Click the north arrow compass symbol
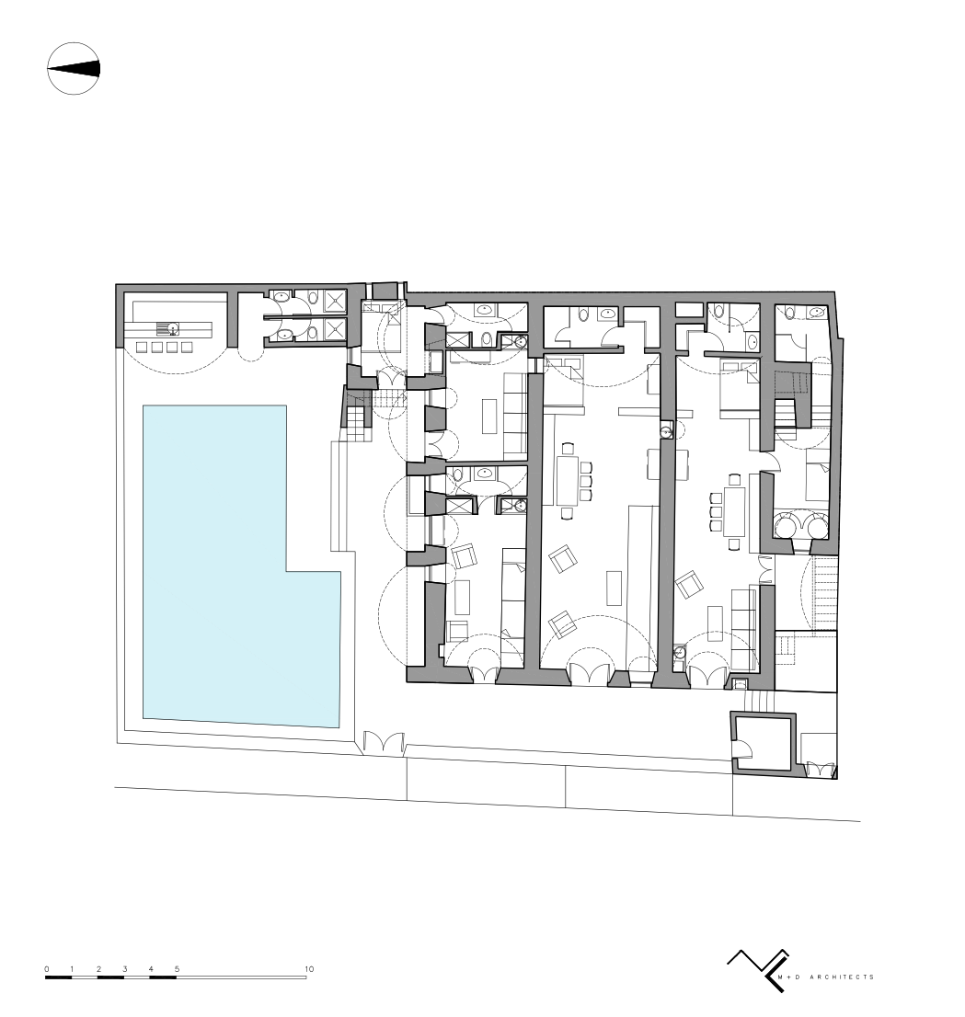(x=74, y=69)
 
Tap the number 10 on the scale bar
(x=309, y=969)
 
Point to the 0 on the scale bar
(x=47, y=969)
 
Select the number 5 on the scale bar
(x=178, y=969)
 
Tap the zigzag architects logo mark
(x=758, y=970)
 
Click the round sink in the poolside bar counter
(x=174, y=329)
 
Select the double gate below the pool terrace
(x=384, y=743)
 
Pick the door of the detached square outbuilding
(x=742, y=749)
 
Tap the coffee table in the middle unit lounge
(x=614, y=588)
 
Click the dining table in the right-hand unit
(x=735, y=510)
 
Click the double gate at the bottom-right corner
(x=820, y=770)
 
